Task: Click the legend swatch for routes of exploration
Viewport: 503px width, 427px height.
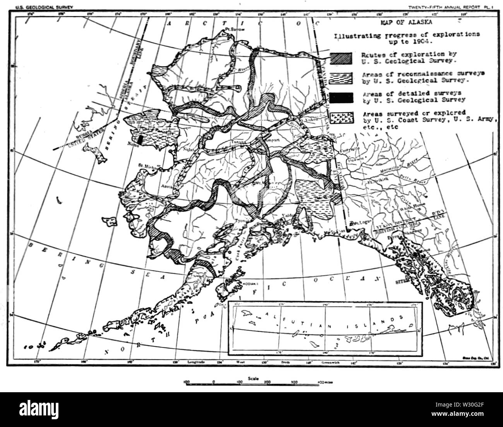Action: click(342, 57)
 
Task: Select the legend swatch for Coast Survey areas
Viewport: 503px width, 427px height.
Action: click(342, 117)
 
